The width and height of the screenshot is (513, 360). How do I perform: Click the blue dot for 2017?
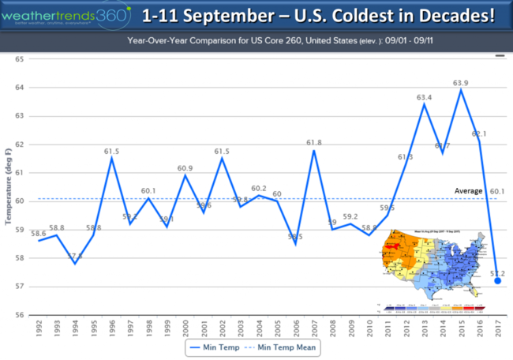click(x=497, y=280)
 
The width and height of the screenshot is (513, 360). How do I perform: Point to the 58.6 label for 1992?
click(x=38, y=233)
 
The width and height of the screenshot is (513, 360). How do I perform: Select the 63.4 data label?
click(x=425, y=98)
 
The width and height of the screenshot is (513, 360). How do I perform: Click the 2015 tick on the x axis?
click(x=461, y=327)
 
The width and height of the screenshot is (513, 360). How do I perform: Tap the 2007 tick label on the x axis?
click(x=314, y=327)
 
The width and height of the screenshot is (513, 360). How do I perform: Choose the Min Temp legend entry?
click(x=218, y=345)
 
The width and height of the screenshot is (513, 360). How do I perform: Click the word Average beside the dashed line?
click(x=468, y=191)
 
